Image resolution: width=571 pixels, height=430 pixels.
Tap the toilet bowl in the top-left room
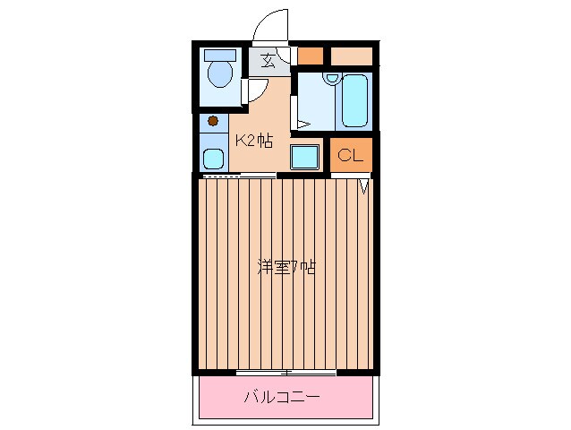pos(219,74)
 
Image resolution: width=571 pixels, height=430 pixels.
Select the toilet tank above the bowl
pos(219,54)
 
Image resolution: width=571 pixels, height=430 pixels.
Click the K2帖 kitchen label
pos(253,140)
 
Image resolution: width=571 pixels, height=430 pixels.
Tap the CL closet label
pos(350,155)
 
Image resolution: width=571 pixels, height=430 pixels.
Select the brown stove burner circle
pos(213,120)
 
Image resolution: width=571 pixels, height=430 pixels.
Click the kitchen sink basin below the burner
pos(213,159)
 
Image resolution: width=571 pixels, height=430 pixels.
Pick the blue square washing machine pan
pos(305,157)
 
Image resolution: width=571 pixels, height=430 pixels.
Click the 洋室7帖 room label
pos(285,266)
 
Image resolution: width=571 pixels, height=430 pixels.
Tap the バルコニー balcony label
pos(282,396)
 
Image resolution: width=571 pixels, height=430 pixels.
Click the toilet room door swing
pos(254,90)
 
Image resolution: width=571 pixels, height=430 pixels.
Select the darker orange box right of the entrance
pos(310,55)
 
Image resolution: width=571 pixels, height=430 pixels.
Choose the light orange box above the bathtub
pos(351,55)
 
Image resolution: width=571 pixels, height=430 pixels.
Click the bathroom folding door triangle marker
pos(303,123)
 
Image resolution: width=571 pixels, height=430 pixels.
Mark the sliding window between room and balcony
pos(285,372)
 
